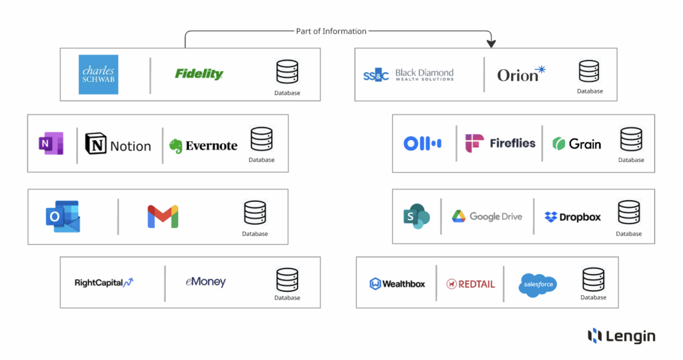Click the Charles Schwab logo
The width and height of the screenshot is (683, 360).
98,74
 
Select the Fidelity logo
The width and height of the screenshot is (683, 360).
199,74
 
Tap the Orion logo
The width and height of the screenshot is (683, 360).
521,74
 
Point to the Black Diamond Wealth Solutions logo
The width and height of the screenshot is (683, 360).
408,75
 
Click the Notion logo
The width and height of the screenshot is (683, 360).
118,146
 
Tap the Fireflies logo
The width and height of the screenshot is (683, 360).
500,143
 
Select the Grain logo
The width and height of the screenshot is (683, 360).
577,143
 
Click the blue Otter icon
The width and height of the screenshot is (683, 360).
422,143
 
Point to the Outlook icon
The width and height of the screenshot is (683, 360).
63,217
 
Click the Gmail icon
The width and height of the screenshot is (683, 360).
163,217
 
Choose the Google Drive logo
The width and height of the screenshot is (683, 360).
487,216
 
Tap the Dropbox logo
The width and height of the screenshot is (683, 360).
572,217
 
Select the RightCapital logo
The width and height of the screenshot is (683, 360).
104,283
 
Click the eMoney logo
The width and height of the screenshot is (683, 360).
205,282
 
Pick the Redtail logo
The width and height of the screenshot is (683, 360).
471,284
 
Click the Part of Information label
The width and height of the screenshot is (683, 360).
331,31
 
